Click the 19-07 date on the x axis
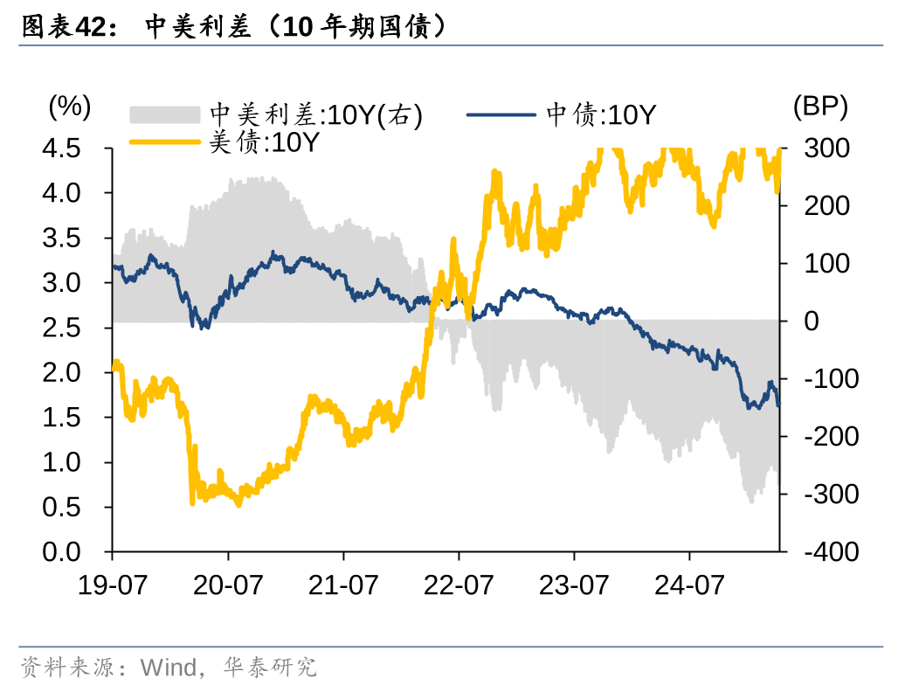[112, 584]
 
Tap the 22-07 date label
[459, 584]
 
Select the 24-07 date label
[689, 584]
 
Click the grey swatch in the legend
[165, 114]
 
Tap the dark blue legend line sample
[501, 114]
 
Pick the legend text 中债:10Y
[601, 114]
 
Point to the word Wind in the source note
[169, 668]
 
